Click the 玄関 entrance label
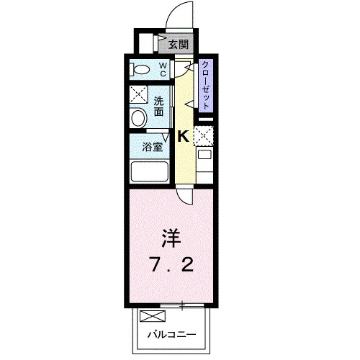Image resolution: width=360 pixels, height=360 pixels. pyautogui.click(x=179, y=45)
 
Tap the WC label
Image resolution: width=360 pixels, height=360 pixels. pyautogui.click(x=163, y=69)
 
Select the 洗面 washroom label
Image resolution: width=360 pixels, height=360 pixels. pyautogui.click(x=158, y=106)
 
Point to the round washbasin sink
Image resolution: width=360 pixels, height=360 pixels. pyautogui.click(x=139, y=118)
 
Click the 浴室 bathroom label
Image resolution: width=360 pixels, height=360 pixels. pyautogui.click(x=153, y=147)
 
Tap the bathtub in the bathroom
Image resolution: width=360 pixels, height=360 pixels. pyautogui.click(x=149, y=172)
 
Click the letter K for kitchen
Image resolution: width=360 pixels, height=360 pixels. pyautogui.click(x=183, y=137)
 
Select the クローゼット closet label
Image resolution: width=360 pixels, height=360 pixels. pyautogui.click(x=206, y=85)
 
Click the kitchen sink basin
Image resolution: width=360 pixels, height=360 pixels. pyautogui.click(x=204, y=155)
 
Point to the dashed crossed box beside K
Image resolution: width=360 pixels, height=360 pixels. pyautogui.click(x=203, y=135)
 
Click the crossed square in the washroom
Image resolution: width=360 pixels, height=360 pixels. pyautogui.click(x=138, y=94)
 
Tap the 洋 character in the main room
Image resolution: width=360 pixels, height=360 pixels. pyautogui.click(x=171, y=238)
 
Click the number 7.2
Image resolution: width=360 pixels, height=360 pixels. pyautogui.click(x=172, y=265)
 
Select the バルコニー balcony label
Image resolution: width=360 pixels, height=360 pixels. pyautogui.click(x=171, y=334)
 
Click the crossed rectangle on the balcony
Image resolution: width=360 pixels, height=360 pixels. pyautogui.click(x=153, y=316)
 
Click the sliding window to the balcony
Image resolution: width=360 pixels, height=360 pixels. pyautogui.click(x=182, y=305)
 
